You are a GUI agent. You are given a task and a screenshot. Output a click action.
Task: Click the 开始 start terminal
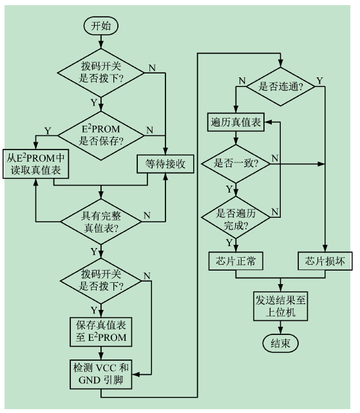100,26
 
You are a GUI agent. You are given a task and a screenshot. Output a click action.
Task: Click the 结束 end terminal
281,343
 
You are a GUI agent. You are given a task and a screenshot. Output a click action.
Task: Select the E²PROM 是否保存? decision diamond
101,136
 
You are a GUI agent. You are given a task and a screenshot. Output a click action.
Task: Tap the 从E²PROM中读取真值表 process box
36,164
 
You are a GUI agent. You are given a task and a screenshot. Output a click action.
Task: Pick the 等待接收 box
166,164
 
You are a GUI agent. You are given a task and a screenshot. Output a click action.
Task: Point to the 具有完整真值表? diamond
101,222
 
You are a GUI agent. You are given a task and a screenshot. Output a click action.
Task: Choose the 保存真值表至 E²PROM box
101,332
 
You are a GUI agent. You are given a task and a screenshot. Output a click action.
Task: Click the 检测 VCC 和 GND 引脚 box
101,374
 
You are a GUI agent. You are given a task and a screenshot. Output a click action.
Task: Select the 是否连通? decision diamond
281,86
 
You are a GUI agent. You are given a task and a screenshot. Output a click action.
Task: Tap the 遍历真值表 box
236,122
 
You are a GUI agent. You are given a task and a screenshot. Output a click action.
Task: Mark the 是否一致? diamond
236,164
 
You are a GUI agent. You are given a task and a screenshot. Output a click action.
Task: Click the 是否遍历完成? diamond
236,218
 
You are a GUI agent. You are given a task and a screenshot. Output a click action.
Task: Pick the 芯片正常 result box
236,261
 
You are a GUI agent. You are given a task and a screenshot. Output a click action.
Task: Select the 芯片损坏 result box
325,261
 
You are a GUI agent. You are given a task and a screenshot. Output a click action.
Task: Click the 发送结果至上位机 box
281,306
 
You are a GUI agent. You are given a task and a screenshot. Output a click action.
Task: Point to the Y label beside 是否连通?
319,81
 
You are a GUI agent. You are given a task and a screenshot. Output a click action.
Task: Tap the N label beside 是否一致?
275,158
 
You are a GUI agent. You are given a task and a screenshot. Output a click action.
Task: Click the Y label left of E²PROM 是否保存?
48,131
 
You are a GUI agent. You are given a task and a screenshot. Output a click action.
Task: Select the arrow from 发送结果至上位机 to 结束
281,328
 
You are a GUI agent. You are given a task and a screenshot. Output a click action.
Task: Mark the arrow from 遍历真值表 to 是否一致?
236,138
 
